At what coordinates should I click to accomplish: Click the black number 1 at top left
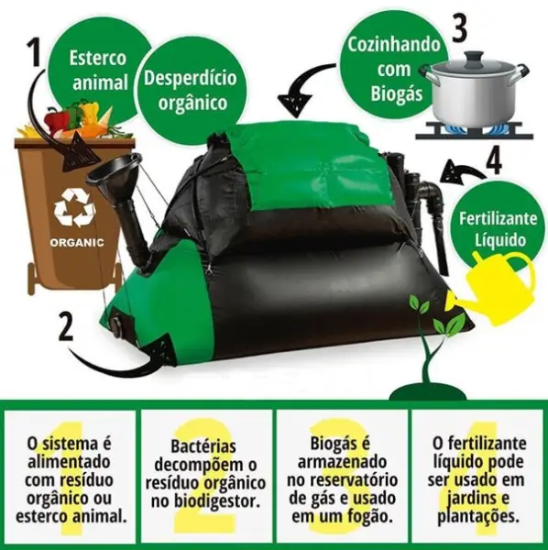click(x=34, y=55)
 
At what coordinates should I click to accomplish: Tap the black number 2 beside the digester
click(x=66, y=327)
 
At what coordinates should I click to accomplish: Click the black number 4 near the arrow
click(x=493, y=160)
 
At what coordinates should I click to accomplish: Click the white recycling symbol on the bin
click(x=73, y=208)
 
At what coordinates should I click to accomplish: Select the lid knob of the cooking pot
click(x=472, y=56)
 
